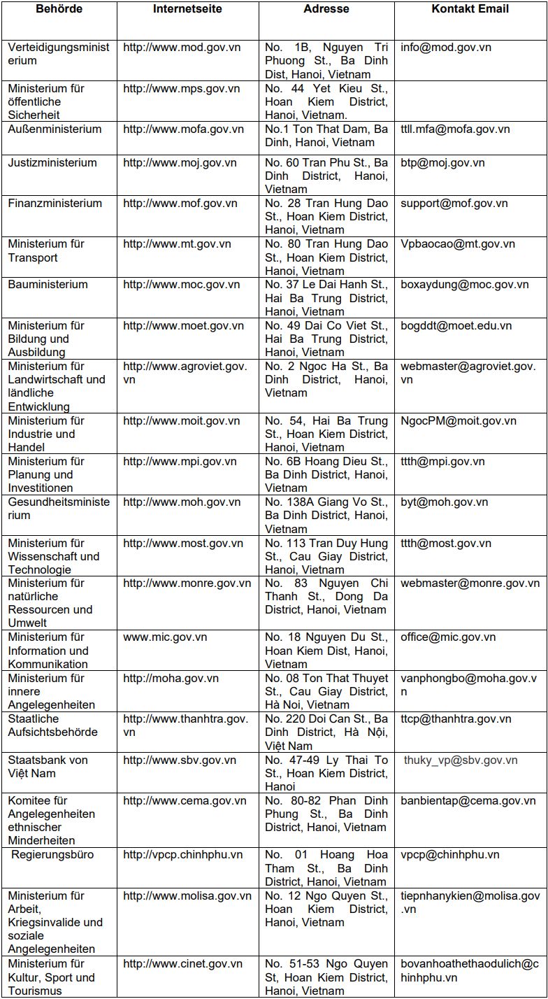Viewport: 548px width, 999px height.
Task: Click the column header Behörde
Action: [59, 9]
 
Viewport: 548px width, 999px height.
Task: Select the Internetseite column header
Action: [187, 9]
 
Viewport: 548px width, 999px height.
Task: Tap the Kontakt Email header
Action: [470, 9]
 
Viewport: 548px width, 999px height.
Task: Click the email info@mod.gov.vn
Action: [446, 48]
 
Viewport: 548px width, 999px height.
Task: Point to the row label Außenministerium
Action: [55, 129]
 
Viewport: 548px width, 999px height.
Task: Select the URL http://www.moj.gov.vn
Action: [180, 163]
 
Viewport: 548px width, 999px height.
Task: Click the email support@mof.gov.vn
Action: [454, 204]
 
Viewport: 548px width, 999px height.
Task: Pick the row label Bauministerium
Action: [48, 285]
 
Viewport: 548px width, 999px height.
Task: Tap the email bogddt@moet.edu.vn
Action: [456, 326]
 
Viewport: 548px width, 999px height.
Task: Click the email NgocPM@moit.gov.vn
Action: [459, 421]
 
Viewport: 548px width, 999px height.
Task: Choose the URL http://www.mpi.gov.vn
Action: [180, 462]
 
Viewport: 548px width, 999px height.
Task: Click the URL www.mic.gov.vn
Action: [165, 637]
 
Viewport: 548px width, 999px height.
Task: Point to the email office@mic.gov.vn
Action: [448, 637]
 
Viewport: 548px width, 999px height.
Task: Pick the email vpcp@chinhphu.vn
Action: [450, 855]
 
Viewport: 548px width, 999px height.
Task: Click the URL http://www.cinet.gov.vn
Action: [182, 964]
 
